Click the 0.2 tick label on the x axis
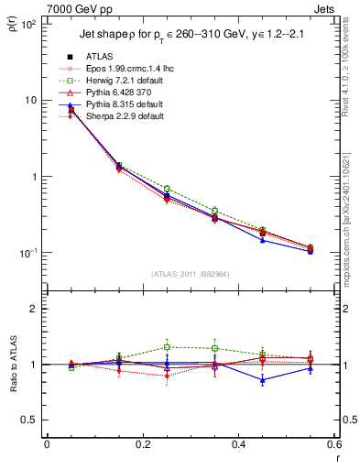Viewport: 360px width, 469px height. [142, 446]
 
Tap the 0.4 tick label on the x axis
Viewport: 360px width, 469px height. [238, 446]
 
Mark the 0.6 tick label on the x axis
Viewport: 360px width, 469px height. [333, 446]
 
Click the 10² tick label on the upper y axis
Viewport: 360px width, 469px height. [27, 24]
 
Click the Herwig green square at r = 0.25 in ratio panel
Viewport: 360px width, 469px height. [167, 347]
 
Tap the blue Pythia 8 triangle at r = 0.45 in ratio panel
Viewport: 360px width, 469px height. [263, 379]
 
